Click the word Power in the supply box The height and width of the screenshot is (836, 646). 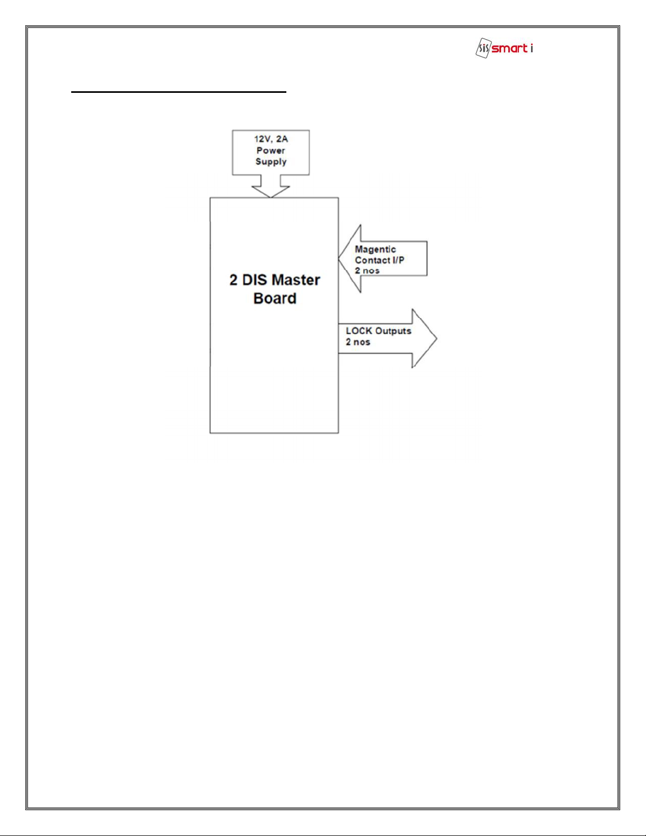(271, 150)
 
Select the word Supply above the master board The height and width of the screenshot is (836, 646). (271, 162)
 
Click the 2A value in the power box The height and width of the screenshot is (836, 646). (282, 139)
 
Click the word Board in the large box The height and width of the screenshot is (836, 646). (275, 299)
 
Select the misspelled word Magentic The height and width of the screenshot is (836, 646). (375, 249)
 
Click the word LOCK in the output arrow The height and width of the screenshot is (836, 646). (359, 331)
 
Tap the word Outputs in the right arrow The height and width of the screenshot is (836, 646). (393, 331)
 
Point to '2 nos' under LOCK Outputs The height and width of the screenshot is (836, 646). (358, 342)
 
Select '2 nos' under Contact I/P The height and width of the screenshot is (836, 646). (367, 271)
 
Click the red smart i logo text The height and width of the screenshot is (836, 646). (512, 49)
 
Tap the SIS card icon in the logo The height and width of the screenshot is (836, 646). (484, 48)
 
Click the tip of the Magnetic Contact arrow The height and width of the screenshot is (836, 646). (339, 258)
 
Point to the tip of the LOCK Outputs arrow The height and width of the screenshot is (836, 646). (437, 339)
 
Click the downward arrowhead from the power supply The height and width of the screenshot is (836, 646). (271, 191)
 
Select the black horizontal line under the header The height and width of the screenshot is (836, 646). (179, 92)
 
